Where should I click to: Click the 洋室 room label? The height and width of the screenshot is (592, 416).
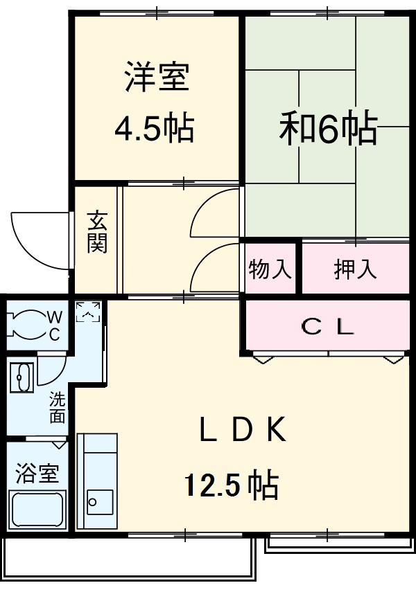coord(156,78)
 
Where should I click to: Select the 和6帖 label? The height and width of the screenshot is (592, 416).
coord(328,128)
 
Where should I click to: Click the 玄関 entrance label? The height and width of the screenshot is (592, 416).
coord(97,233)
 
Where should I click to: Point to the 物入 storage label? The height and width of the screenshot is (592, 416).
coord(270,269)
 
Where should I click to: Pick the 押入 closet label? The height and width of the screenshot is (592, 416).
coord(355,269)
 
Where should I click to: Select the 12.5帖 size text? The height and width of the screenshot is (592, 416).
coord(231,485)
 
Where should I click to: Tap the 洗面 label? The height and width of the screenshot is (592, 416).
coord(57,408)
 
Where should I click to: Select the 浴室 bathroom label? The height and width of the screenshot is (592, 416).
coord(37,474)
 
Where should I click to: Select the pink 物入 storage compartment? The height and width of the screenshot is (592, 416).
coord(270,268)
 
